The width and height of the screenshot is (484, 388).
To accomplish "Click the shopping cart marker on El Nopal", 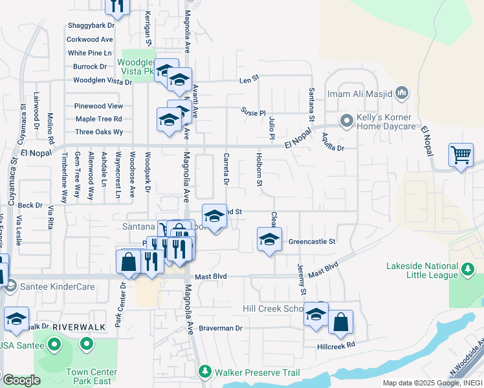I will (x=461, y=155).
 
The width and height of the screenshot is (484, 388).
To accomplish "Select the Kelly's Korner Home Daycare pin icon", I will (x=347, y=120).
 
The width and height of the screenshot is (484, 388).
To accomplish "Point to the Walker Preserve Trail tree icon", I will (x=205, y=371).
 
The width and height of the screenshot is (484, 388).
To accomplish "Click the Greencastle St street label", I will (x=312, y=241).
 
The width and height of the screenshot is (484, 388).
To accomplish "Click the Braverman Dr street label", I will (x=220, y=328).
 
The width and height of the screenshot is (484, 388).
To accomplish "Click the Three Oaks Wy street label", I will (x=99, y=132).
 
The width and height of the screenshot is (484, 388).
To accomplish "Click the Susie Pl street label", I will (x=254, y=111).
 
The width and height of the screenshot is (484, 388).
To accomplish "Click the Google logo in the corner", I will (x=21, y=381).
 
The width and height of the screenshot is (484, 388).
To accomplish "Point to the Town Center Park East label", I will (x=91, y=376).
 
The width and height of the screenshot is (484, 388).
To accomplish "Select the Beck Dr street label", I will (x=30, y=205).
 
